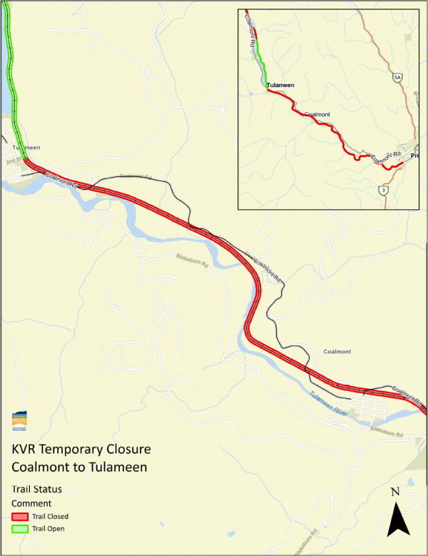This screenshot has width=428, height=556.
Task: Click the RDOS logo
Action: click(20, 421)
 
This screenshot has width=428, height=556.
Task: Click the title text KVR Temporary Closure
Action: click(82, 451)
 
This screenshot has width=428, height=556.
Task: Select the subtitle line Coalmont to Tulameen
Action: click(78, 467)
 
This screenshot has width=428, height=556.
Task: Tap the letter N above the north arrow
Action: click(396, 492)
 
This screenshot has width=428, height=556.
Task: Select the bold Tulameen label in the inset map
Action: click(280, 86)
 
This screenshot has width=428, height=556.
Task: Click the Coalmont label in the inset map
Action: click(317, 114)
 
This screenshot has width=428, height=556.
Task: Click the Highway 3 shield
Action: click(384, 190)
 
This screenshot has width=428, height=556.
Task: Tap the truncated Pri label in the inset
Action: click(414, 156)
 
